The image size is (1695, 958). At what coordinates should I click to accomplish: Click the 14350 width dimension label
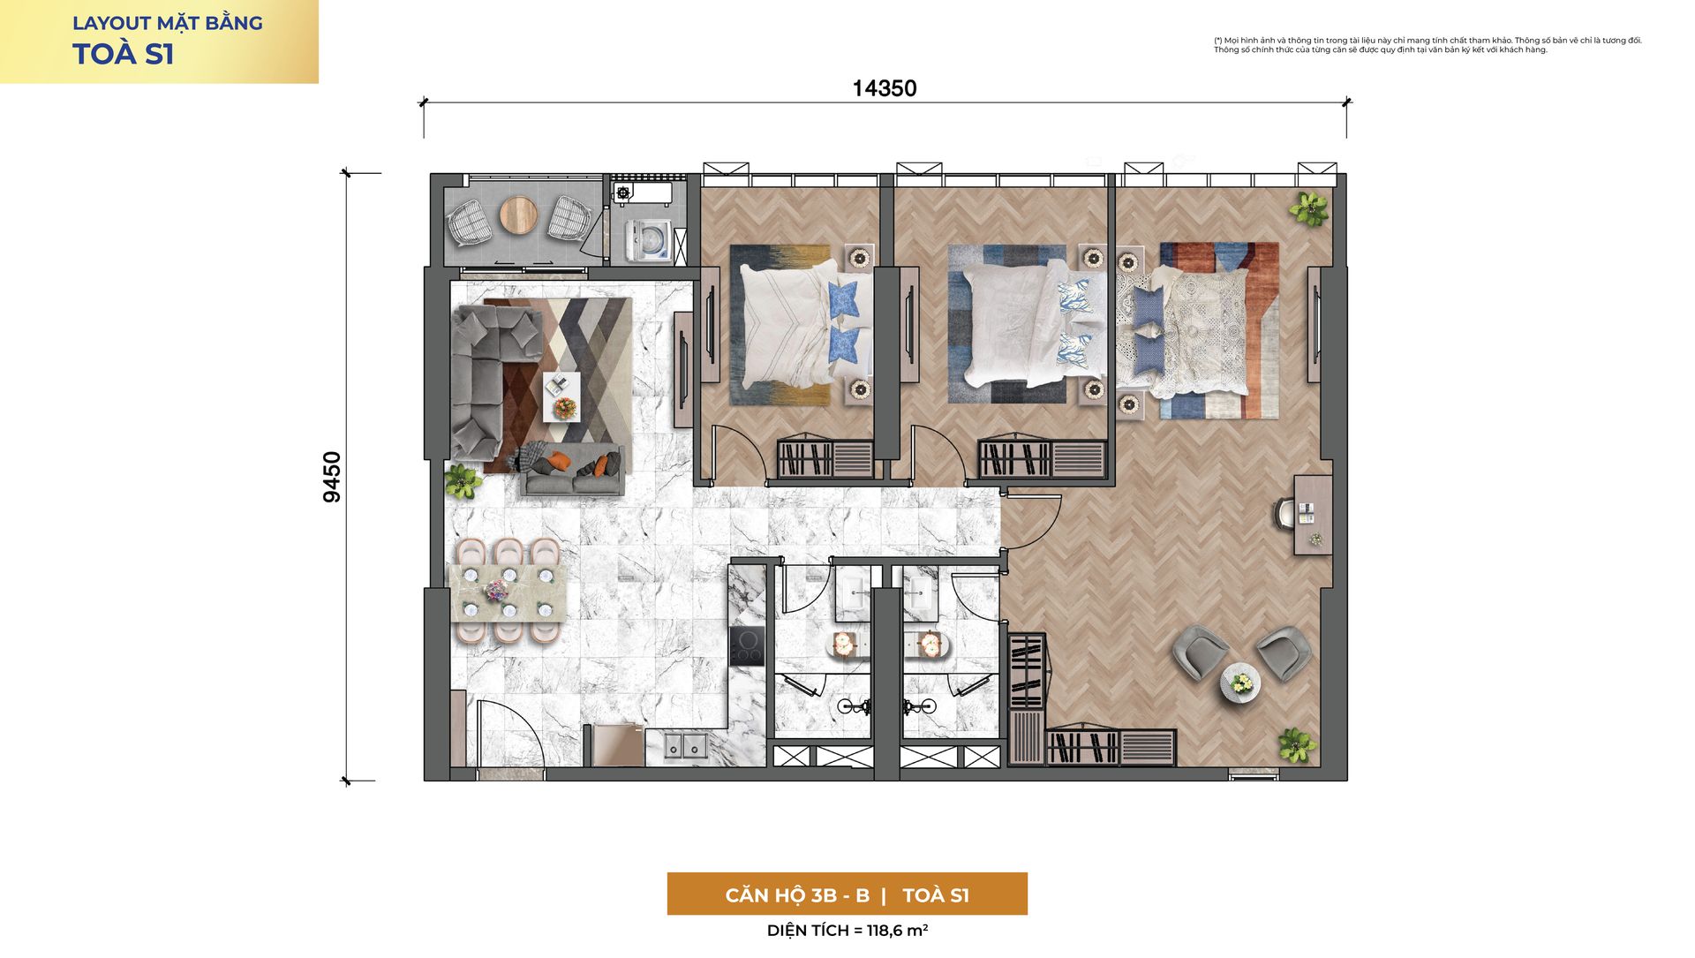point(884,88)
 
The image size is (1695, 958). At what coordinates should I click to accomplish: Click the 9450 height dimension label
point(332,477)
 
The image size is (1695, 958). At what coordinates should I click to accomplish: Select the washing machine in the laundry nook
point(647,240)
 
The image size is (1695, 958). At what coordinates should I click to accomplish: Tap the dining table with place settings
point(507,592)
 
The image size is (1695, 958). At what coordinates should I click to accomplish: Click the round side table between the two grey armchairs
point(1240,683)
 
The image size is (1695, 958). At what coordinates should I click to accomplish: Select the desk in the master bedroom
point(1313,515)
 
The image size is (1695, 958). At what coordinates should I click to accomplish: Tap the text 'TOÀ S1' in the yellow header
point(124,55)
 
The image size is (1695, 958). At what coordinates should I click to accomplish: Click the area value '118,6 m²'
point(897,930)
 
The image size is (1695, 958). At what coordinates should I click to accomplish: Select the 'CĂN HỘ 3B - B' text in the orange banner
point(797,895)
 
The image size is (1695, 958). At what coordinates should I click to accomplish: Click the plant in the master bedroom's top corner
point(1308,208)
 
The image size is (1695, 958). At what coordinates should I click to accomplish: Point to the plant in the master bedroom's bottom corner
point(1296,745)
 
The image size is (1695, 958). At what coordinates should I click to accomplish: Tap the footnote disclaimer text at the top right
point(1428,45)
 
